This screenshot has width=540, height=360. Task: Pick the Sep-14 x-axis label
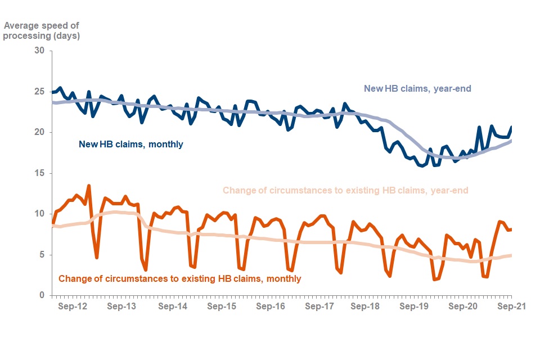(x=173, y=307)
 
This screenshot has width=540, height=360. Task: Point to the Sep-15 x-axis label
(x=222, y=307)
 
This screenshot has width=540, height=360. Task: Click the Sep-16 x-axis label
(x=271, y=307)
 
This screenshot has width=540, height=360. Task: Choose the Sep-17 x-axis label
(x=320, y=307)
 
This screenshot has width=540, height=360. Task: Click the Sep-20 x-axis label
(x=463, y=307)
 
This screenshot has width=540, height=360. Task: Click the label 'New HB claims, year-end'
(x=417, y=88)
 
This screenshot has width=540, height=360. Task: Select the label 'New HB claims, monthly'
(x=130, y=145)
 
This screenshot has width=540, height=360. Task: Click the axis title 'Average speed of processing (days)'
(x=42, y=30)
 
